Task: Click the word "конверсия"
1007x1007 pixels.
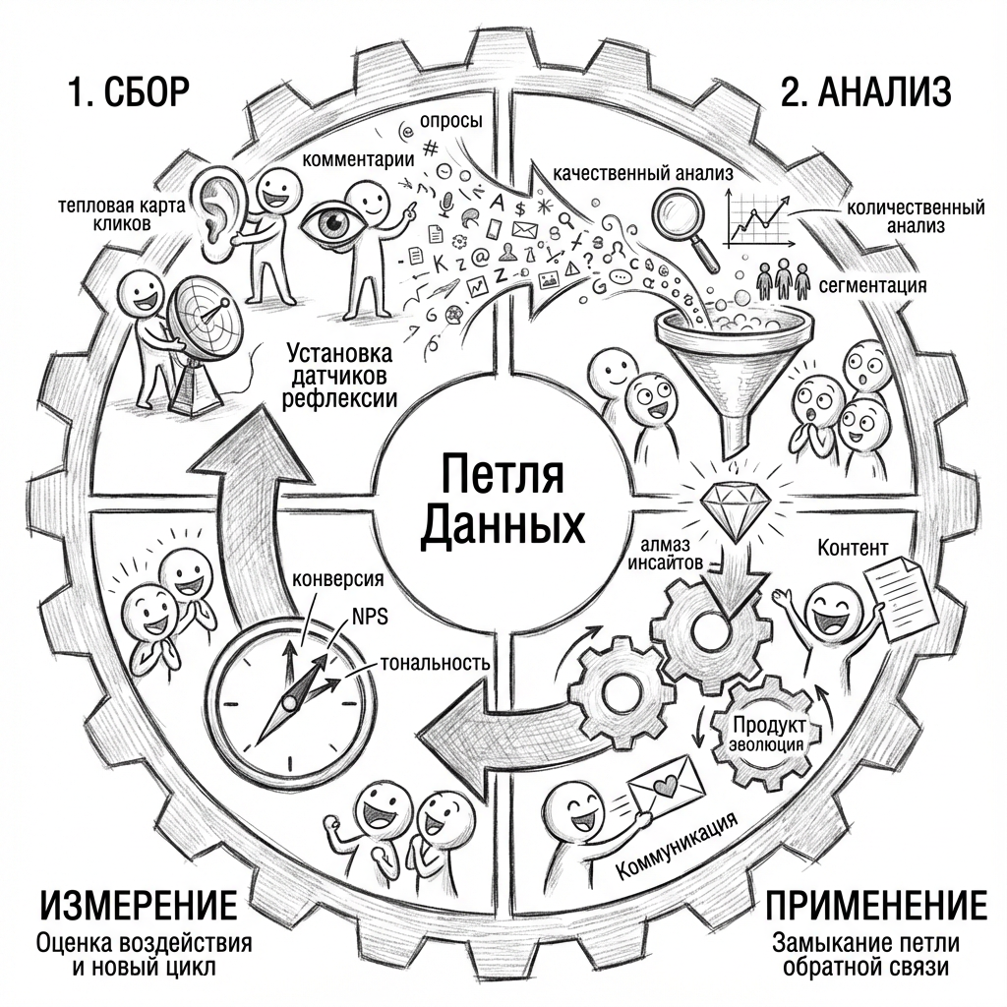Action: pyautogui.click(x=339, y=577)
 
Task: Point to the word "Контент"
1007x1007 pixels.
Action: pyautogui.click(x=853, y=547)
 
